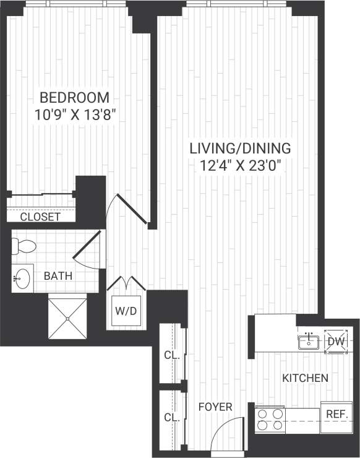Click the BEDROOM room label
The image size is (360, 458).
[x=74, y=98]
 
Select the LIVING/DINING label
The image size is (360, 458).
[x=240, y=149]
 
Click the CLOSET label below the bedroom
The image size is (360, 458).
[x=40, y=217]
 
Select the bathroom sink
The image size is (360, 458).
[x=23, y=277]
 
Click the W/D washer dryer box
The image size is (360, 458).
[x=126, y=311]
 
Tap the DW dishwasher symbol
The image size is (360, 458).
[x=335, y=341]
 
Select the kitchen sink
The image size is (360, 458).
[x=307, y=341]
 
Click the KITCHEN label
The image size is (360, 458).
[x=305, y=378]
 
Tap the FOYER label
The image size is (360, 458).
[x=215, y=407]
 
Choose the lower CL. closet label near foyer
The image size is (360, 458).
[x=171, y=418]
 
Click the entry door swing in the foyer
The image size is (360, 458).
[x=224, y=433]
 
